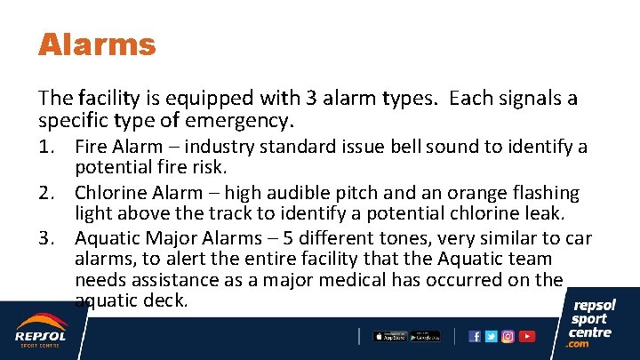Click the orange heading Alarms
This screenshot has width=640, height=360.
(97, 44)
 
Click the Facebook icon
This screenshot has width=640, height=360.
(475, 336)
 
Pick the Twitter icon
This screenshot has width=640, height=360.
(492, 336)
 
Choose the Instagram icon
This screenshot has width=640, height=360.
(508, 336)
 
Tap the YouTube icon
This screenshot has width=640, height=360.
(527, 336)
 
